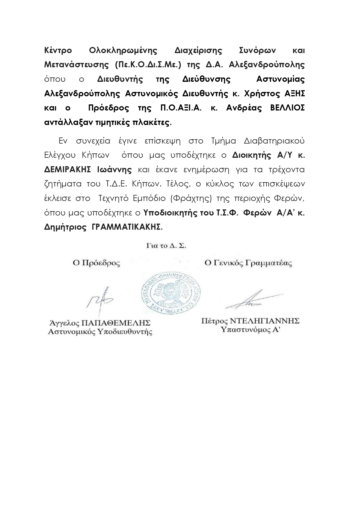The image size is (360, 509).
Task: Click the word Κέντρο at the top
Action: [x=58, y=50]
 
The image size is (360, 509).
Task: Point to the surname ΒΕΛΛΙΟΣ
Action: [x=287, y=108]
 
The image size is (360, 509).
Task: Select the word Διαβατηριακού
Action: [x=274, y=141]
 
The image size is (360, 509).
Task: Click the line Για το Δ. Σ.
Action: [x=166, y=246]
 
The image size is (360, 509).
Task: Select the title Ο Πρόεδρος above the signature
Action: [x=96, y=263]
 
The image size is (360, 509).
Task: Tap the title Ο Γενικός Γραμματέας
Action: [x=248, y=263]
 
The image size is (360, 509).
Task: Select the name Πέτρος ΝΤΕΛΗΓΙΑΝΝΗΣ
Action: [x=250, y=321]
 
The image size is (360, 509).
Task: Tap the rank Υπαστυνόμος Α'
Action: [x=250, y=330]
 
